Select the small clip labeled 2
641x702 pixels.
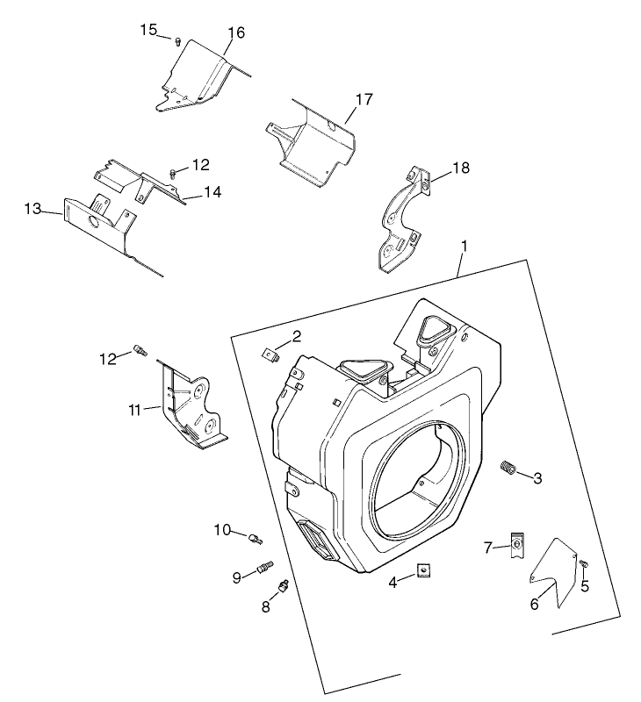[x=272, y=354]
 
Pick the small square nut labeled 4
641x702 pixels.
[x=424, y=570]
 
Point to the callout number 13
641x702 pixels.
[x=32, y=208]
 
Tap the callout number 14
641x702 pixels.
[x=212, y=192]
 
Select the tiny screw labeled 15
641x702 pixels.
[x=177, y=39]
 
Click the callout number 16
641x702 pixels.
[x=235, y=33]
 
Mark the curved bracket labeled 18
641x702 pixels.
[x=402, y=219]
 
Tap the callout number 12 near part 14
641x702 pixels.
[x=200, y=164]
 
